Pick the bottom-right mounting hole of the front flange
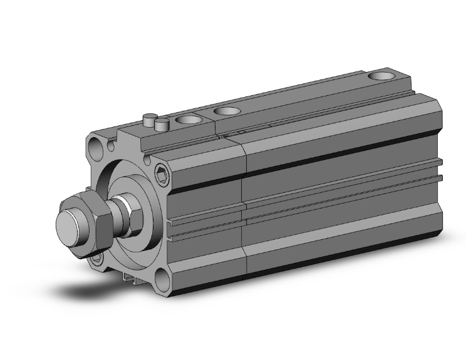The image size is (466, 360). click(x=163, y=276)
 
